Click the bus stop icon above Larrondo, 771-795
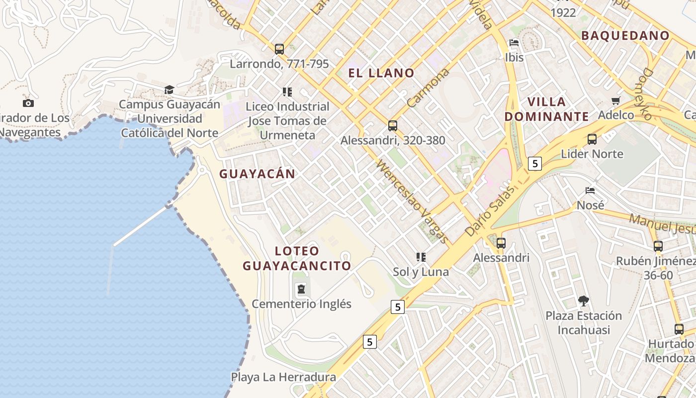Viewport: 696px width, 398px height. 279,49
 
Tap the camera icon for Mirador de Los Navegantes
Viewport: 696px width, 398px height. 28,103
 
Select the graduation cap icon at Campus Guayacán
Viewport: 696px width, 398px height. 170,90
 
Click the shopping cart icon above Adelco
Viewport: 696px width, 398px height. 616,100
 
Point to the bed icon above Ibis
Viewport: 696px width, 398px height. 514,43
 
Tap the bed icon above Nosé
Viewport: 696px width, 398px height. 590,191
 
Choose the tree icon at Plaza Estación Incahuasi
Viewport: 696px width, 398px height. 584,300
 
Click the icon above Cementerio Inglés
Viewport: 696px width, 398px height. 301,289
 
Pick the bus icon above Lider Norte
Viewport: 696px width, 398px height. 592,139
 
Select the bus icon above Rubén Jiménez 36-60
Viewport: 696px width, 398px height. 658,246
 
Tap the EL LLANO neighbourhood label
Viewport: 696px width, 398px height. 381,73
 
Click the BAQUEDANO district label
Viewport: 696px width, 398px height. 625,35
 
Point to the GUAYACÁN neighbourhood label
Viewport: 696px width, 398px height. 258,174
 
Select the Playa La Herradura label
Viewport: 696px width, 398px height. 283,377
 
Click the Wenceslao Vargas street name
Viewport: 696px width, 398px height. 413,201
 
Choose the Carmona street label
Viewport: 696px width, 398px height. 428,88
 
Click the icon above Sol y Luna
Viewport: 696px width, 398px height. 421,257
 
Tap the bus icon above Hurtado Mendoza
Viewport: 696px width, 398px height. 679,329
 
